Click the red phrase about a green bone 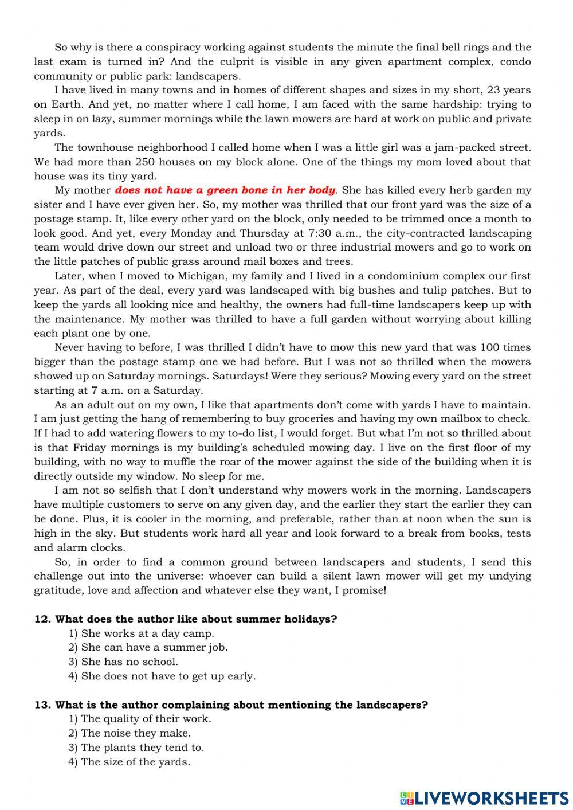(225, 190)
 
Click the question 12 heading (186, 619)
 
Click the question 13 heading (231, 705)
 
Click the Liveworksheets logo (484, 797)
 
